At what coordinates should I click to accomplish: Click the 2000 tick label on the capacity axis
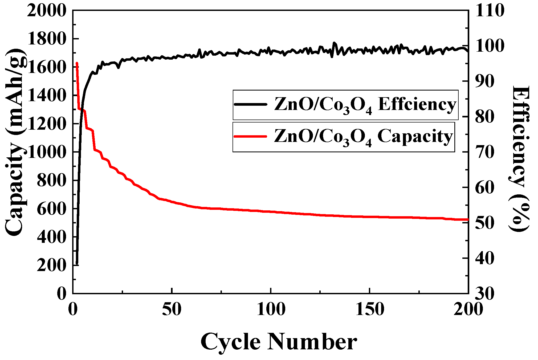[x=47, y=11]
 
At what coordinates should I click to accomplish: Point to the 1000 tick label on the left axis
[x=47, y=153]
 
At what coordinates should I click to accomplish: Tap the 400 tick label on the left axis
[x=51, y=237]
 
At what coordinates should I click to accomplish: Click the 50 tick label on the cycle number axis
[x=172, y=310]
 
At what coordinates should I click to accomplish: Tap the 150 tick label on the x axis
[x=370, y=310]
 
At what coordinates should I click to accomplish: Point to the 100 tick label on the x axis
[x=271, y=310]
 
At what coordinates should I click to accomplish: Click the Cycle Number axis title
[x=279, y=342]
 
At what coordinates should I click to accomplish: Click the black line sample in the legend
[x=250, y=104]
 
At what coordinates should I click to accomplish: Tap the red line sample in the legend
[x=250, y=136]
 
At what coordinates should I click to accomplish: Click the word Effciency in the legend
[x=417, y=104]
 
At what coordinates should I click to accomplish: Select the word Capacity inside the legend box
[x=415, y=136]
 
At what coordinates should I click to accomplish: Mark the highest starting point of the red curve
[x=77, y=63]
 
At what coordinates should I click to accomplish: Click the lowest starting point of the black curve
[x=77, y=264]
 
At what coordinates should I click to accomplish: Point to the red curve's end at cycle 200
[x=467, y=220]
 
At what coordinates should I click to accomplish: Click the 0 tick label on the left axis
[x=62, y=294]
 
